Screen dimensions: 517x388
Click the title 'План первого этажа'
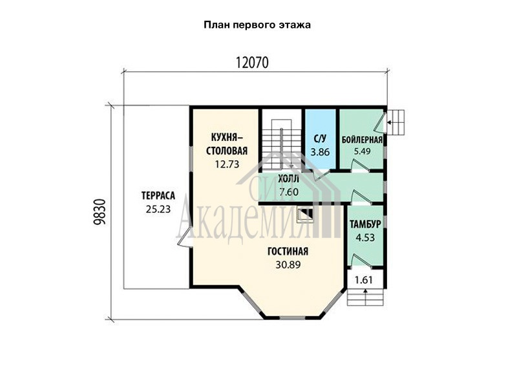[257, 25]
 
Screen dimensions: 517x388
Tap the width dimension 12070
[252, 62]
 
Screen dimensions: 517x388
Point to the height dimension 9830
[100, 212]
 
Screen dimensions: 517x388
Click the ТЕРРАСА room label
[158, 196]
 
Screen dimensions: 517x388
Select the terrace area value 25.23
[158, 209]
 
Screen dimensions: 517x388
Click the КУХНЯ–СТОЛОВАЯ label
[227, 144]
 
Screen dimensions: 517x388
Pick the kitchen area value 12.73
[227, 164]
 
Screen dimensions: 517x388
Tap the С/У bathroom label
[320, 139]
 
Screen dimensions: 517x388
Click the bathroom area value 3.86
[320, 152]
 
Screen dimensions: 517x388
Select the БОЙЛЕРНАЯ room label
[362, 140]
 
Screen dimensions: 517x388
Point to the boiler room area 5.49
[362, 151]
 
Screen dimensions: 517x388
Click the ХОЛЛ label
[288, 179]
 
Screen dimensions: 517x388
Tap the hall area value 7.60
[289, 191]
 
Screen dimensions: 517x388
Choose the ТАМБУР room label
[365, 224]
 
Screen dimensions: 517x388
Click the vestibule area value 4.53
[365, 237]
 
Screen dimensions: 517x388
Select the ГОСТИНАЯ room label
[288, 252]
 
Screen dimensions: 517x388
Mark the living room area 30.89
[288, 264]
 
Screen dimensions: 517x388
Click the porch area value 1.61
[364, 280]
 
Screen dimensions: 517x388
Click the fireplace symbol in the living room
[304, 215]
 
